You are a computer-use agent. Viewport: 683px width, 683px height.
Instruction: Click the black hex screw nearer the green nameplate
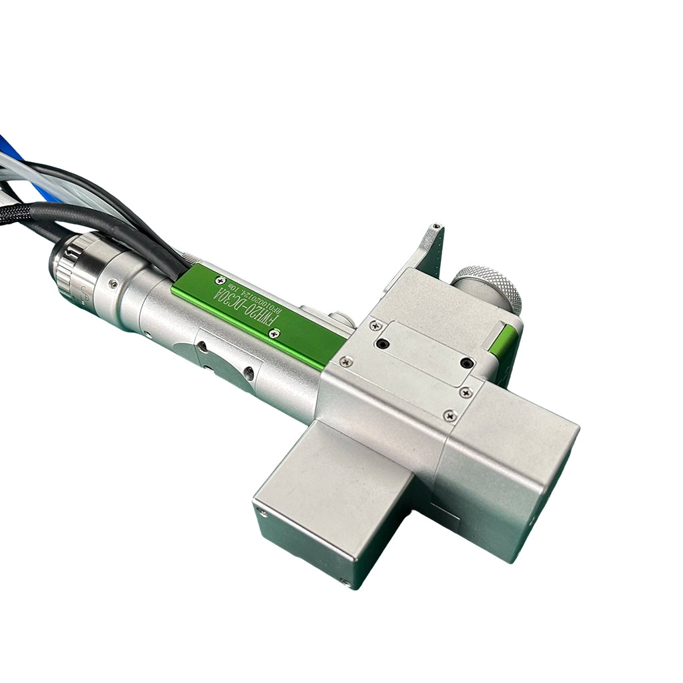(382, 344)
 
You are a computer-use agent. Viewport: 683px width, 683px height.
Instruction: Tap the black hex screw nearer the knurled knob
(468, 363)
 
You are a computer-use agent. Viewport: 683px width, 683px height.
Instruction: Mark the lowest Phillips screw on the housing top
(451, 416)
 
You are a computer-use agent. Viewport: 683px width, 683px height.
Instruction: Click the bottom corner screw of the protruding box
(345, 582)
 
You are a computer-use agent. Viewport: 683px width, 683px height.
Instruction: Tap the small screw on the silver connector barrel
(113, 285)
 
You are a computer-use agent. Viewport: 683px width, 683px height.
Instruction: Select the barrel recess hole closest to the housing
(248, 374)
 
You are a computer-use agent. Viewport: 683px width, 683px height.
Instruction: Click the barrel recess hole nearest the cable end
(201, 346)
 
